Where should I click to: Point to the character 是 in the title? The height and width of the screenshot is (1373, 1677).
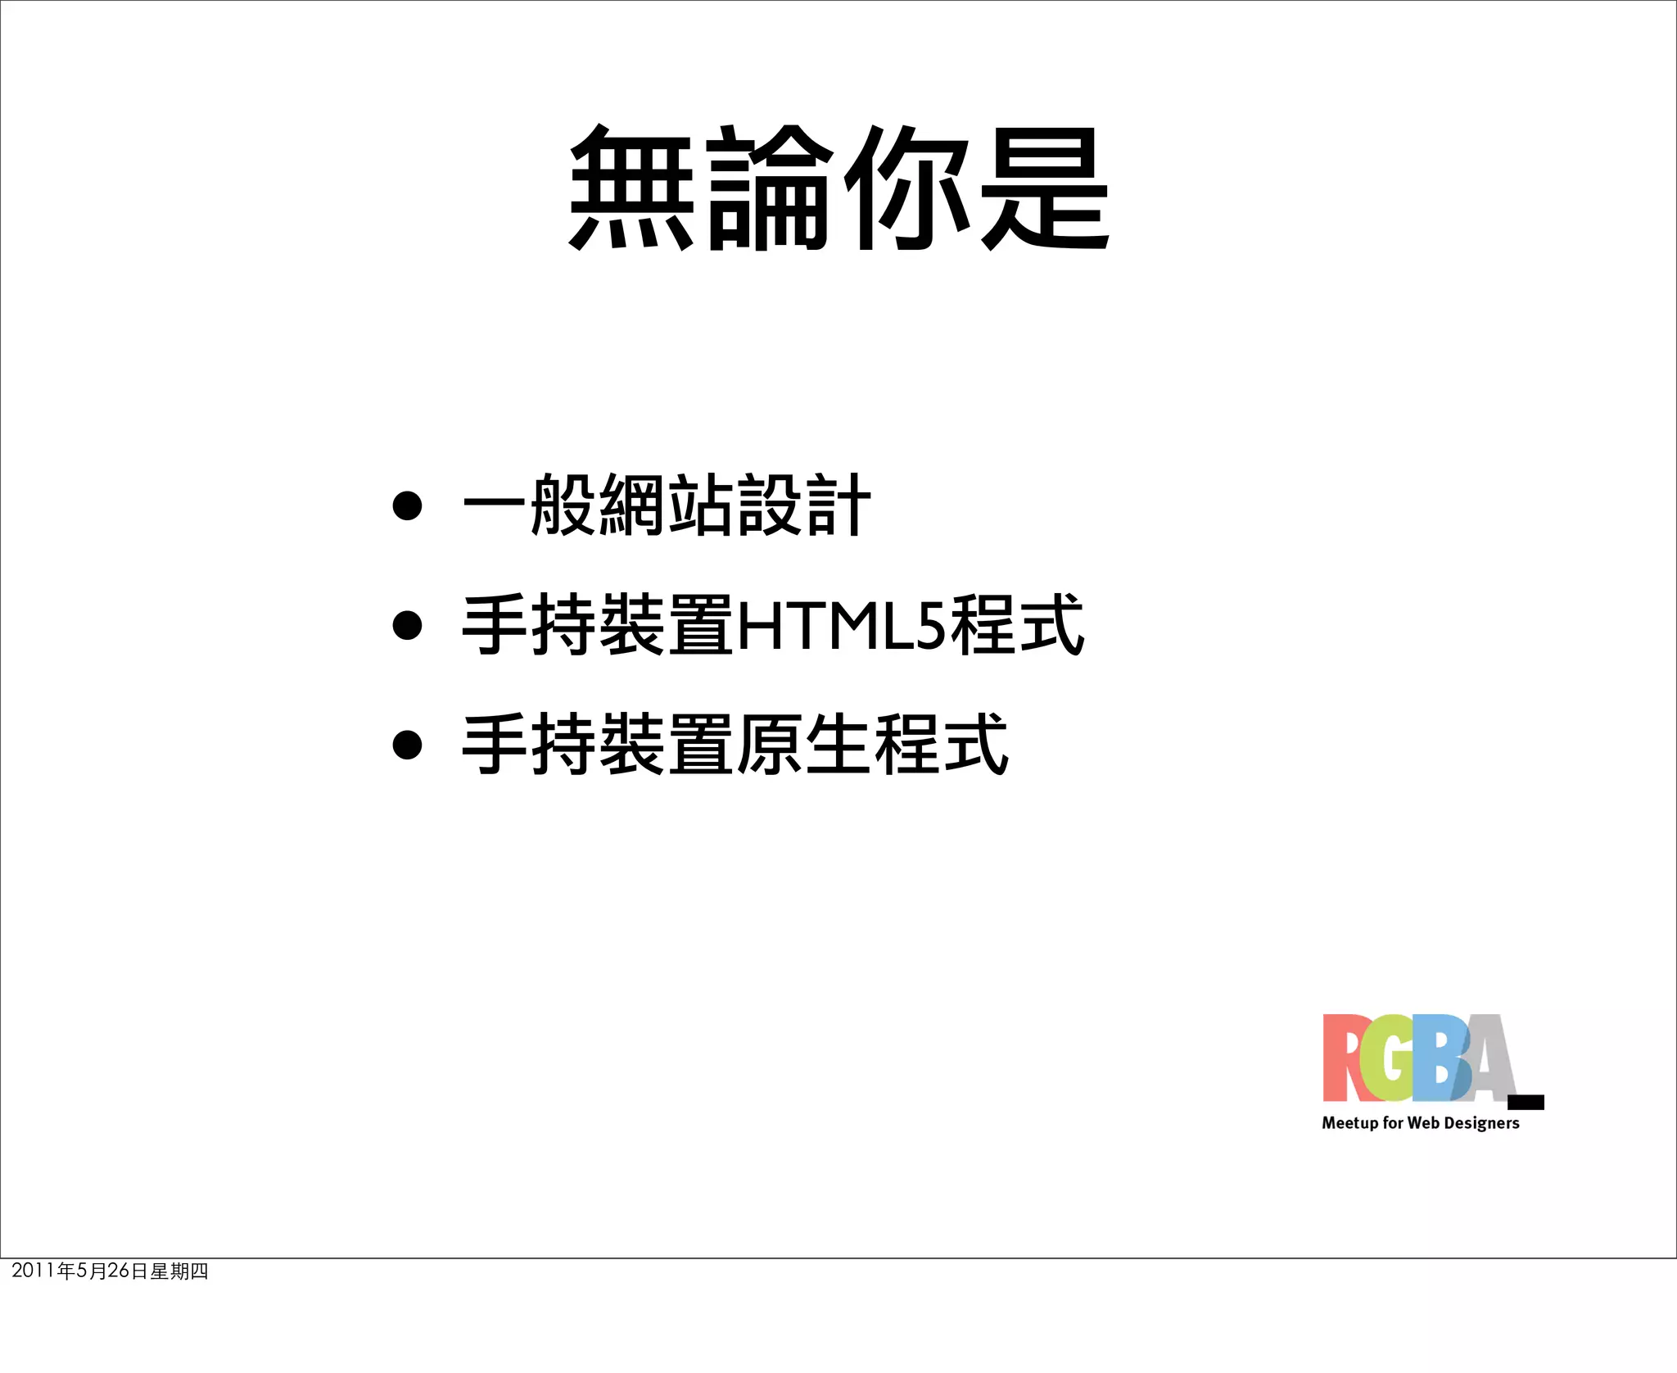(x=1045, y=188)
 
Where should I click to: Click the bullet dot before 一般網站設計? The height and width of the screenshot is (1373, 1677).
(x=407, y=505)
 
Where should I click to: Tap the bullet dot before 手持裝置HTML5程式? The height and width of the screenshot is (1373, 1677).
(x=407, y=626)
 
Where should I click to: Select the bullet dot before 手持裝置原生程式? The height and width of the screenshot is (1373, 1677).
(x=407, y=745)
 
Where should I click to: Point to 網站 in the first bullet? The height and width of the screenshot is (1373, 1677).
(x=667, y=505)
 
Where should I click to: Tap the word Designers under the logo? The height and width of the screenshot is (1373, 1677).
(x=1481, y=1123)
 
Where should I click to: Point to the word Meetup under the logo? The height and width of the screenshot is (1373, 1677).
(x=1349, y=1123)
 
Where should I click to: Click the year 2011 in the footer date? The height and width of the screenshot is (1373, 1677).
(x=33, y=1271)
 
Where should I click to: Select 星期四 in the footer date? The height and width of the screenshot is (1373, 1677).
(x=179, y=1271)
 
